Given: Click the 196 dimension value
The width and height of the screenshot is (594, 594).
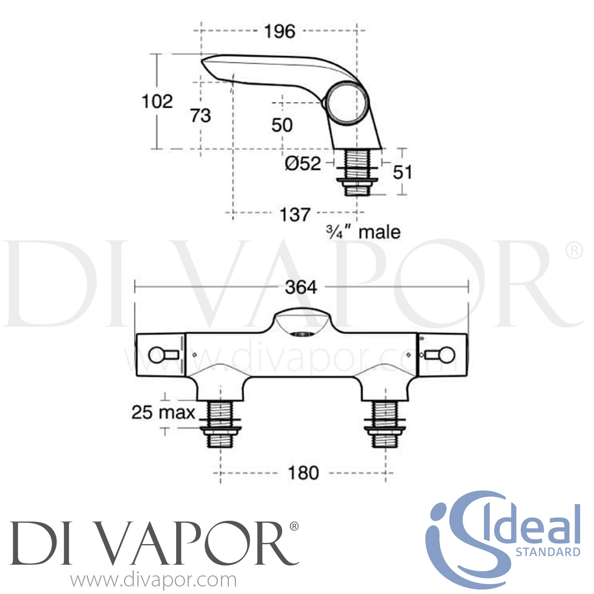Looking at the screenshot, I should pos(280,31).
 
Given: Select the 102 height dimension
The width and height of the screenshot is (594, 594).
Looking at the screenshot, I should pos(158,101).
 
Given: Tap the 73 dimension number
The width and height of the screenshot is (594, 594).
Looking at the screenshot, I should pos(201,115).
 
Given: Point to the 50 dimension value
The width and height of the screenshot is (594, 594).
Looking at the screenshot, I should pos(282,125).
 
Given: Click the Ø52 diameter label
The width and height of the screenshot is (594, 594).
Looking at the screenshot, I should pos(303,163).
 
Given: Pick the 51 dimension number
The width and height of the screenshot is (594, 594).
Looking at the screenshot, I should pos(402,172).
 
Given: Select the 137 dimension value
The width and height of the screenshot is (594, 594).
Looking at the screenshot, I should pos(295,214).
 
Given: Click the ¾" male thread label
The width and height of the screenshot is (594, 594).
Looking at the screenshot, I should pos(363,232).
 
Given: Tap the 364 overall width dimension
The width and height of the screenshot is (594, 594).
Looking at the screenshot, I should pos(301,287).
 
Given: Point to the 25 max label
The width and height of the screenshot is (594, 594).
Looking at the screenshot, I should pos(163,413).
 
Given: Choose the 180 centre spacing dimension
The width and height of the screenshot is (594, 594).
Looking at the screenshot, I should pos(303,473).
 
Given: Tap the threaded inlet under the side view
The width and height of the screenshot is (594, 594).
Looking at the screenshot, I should pos(357,172).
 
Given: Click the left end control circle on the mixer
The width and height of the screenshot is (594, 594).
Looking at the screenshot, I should pos(156,355).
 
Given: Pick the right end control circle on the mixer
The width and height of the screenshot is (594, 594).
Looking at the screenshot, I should pos(447,355).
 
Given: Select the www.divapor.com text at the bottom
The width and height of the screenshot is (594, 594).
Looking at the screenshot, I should pos(154,580).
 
